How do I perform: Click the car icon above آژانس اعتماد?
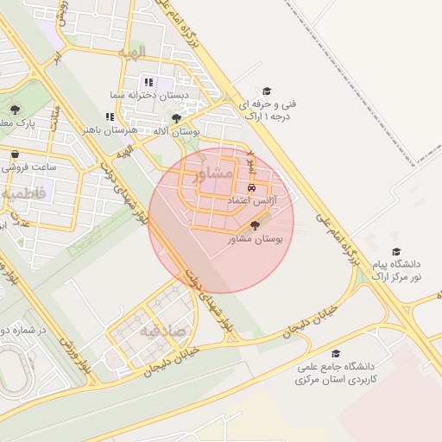[251, 187]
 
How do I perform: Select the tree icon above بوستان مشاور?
[253, 225]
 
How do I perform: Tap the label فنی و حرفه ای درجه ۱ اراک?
[267, 109]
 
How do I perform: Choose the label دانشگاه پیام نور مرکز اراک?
[397, 269]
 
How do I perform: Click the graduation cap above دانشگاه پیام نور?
[396, 251]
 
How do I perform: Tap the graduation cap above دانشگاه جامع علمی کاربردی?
[335, 353]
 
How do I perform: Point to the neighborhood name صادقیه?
[162, 331]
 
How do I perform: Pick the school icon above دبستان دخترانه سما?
[148, 82]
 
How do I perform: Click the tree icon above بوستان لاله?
[177, 118]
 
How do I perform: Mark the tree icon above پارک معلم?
[15, 110]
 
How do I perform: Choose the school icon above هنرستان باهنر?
[110, 117]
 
